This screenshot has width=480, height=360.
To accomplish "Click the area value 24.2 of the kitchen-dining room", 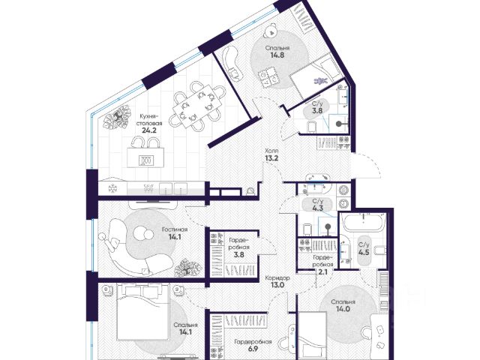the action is [149, 130].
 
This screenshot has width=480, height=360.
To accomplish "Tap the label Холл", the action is [271, 151].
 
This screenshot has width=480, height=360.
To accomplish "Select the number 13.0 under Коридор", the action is [277, 285].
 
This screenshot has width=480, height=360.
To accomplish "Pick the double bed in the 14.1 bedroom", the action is [142, 311].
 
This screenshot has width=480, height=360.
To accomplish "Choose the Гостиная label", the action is [175, 229].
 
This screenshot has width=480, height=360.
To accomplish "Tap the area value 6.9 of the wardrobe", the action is [253, 349].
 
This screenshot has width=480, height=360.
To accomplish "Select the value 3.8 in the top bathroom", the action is [317, 111].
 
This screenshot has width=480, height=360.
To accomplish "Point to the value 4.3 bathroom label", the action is [318, 208].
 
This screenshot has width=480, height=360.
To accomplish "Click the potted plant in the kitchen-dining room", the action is [117, 118].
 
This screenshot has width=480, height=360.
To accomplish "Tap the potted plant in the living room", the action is [188, 268].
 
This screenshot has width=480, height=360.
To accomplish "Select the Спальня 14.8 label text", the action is [277, 52].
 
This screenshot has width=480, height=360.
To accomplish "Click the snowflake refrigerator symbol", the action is [112, 188].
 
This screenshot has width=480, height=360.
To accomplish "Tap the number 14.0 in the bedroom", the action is [343, 309].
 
